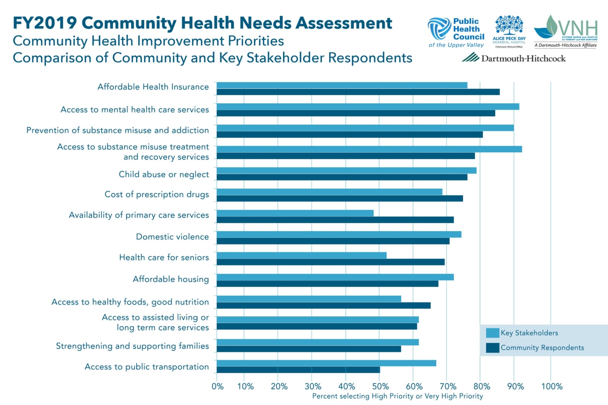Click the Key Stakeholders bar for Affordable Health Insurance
tap(342, 85)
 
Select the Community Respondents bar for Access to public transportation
tap(298, 370)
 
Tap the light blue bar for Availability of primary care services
tap(295, 213)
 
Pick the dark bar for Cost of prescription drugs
tap(340, 198)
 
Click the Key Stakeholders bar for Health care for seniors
tap(302, 255)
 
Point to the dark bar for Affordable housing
tap(328, 284)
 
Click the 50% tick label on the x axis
tap(380, 386)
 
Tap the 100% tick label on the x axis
tap(552, 386)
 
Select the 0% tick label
tap(218, 386)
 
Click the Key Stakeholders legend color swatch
tap(492, 333)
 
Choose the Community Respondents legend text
tap(542, 347)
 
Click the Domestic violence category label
tap(172, 237)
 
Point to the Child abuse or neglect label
tap(164, 174)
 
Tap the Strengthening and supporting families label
tap(133, 346)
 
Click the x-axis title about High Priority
tap(397, 396)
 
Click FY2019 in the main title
tap(45, 23)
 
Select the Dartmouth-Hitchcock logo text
tap(523, 59)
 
